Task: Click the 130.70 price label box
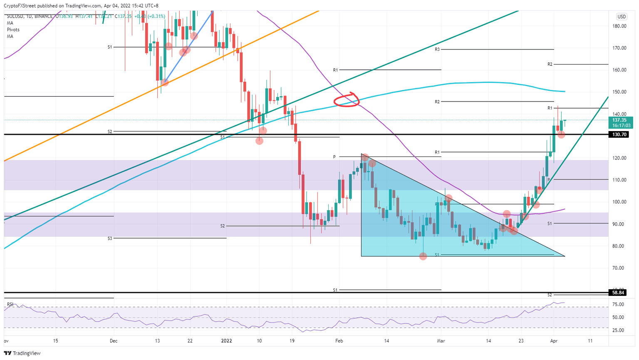point(618,134)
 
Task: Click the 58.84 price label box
point(618,293)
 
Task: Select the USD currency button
point(621,17)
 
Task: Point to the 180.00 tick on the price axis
point(619,26)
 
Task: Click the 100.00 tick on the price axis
point(619,202)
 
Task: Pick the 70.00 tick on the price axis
point(619,268)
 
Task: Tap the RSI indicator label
point(10,305)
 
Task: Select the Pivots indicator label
point(13,30)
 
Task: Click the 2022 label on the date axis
point(227,341)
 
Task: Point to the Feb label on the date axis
point(339,341)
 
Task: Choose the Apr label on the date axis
point(553,341)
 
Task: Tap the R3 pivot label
point(437,50)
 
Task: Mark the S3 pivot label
point(110,238)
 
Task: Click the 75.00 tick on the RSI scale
point(619,304)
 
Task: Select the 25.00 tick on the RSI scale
point(619,330)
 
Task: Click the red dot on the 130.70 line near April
point(561,134)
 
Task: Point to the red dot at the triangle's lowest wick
point(423,256)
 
